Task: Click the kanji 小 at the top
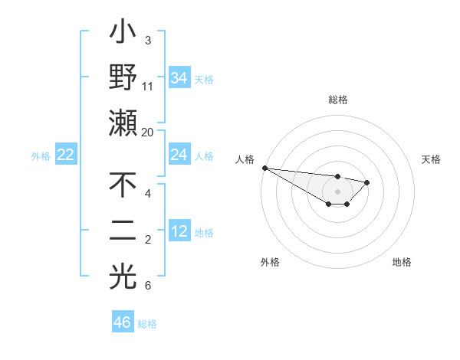[123, 34]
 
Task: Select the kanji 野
[123, 77]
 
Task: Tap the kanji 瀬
[123, 123]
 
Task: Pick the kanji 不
[123, 186]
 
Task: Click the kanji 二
[123, 231]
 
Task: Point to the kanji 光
[123, 276]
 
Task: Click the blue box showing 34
[179, 77]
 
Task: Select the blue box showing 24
[179, 155]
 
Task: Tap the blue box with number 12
[179, 231]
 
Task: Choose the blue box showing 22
[66, 155]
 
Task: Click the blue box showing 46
[123, 322]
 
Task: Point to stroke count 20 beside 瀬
[147, 132]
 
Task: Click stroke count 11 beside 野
[148, 86]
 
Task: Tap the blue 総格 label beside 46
[147, 324]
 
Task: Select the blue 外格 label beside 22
[41, 156]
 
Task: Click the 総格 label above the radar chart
[337, 100]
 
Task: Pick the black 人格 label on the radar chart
[245, 159]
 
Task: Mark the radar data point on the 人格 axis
[264, 168]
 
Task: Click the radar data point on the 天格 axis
[367, 182]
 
